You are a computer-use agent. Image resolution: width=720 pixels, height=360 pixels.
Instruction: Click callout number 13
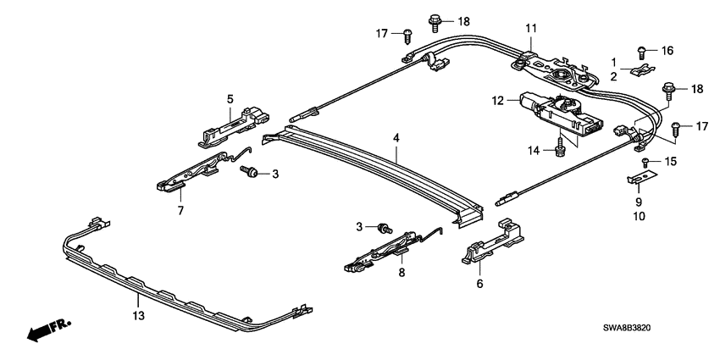point(137,315)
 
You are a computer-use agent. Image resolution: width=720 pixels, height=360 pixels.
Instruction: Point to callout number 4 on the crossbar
point(396,156)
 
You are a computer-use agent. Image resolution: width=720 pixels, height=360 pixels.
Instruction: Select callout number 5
point(230,99)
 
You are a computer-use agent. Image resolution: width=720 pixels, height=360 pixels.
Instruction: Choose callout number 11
point(531,29)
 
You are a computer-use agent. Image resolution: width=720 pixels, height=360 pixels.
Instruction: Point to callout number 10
point(639,217)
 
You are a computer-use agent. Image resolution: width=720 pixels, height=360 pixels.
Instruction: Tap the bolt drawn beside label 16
point(643,50)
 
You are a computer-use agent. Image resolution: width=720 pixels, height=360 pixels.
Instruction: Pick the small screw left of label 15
point(646,161)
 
